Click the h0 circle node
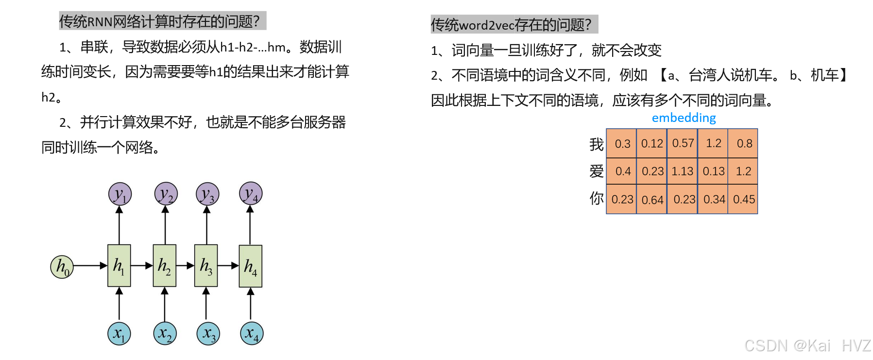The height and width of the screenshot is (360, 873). [62, 267]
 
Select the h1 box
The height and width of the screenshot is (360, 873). [119, 266]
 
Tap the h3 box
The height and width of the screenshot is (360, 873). [206, 266]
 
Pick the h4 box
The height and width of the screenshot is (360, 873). [251, 266]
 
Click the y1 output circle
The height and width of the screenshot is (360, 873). [120, 194]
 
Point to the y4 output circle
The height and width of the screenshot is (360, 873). [251, 194]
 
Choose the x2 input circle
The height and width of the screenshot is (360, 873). [165, 334]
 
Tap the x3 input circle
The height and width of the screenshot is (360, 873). [208, 334]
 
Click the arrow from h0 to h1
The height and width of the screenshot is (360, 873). [90, 266]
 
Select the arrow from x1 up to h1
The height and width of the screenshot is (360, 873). [119, 304]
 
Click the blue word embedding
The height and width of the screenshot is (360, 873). [684, 118]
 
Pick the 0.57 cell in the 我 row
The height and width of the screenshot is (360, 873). [683, 143]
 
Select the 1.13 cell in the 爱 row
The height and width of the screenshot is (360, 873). [683, 171]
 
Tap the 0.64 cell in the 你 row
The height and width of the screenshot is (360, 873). [652, 200]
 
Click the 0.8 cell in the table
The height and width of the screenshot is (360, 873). [744, 143]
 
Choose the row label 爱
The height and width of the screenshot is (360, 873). [596, 171]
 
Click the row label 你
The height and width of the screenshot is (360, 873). [596, 199]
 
